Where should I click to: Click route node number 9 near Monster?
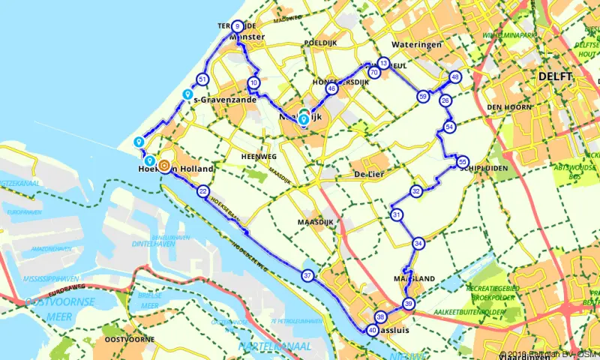click(238, 25)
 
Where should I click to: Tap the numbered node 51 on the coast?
click(202, 79)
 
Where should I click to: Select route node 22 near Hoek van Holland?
click(203, 192)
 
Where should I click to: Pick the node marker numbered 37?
click(307, 275)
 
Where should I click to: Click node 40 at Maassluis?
click(373, 330)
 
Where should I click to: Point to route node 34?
click(418, 243)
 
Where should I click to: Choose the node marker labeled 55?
click(463, 161)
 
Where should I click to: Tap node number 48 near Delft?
click(455, 77)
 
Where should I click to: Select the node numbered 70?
click(373, 73)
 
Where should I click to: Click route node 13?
click(384, 64)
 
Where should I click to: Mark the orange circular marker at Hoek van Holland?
click(163, 169)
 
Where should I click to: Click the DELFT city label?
click(555, 76)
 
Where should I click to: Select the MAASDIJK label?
click(320, 223)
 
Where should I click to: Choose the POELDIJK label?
click(320, 43)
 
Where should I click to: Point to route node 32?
click(416, 191)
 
